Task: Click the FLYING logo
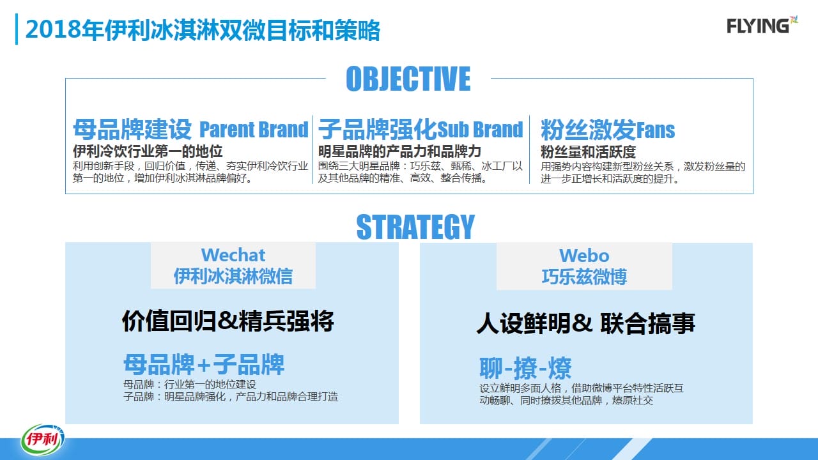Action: point(762,25)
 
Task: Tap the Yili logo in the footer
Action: point(42,439)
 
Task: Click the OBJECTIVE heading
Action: point(408,79)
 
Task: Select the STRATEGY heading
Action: point(415,227)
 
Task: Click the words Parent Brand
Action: point(254,129)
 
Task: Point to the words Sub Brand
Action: point(480,129)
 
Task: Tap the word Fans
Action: point(656,130)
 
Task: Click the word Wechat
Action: point(233,255)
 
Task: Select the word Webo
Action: point(584,256)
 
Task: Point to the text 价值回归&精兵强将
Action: point(228,321)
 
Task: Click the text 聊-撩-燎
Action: point(525,368)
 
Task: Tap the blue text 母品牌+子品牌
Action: point(204,364)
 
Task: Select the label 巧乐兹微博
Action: point(584,277)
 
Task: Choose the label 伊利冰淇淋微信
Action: point(233,276)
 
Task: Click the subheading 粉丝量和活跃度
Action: point(588,152)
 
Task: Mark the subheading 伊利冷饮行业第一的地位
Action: point(148,151)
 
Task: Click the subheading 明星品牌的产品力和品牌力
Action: point(399,151)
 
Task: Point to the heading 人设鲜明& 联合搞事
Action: point(586,323)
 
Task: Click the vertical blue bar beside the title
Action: point(17,29)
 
